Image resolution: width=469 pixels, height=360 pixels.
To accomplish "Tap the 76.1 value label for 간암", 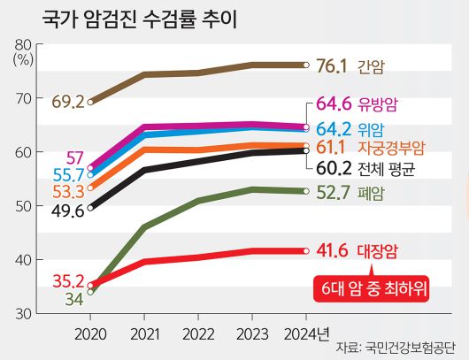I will coord(334,65).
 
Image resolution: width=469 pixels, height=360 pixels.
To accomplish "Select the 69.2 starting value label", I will coord(68,102).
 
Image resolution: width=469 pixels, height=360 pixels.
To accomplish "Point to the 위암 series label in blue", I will coord(371,129).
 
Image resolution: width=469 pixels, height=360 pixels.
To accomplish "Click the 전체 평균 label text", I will coord(389,165).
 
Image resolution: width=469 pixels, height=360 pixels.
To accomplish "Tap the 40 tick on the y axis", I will coord(23,260).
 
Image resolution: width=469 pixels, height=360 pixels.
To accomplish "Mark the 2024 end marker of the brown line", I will coord(305,65).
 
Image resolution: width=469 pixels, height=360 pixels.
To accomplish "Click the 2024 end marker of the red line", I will coord(305,252).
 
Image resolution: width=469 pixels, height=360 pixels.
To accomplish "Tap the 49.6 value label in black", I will coord(68,211).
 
